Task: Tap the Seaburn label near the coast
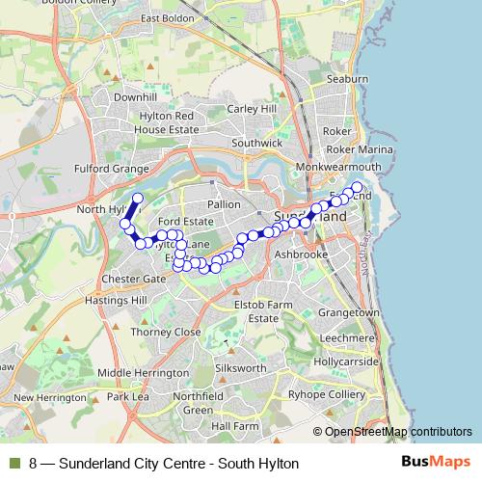pos(347,78)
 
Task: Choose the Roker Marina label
pos(361,149)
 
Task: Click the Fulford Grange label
pos(111,168)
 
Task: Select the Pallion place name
pos(223,204)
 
